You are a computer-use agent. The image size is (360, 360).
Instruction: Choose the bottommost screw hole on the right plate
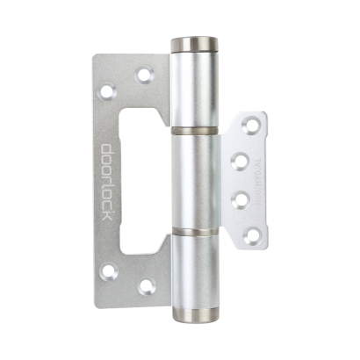pyautogui.click(x=250, y=234)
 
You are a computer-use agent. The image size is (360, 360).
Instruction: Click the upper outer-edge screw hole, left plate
pyautogui.click(x=108, y=90)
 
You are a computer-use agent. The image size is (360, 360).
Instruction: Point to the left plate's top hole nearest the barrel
pyautogui.click(x=143, y=76)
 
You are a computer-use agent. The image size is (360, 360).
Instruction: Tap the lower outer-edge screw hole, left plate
pyautogui.click(x=108, y=270)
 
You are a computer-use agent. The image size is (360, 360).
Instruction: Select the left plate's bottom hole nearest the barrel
pyautogui.click(x=146, y=286)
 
